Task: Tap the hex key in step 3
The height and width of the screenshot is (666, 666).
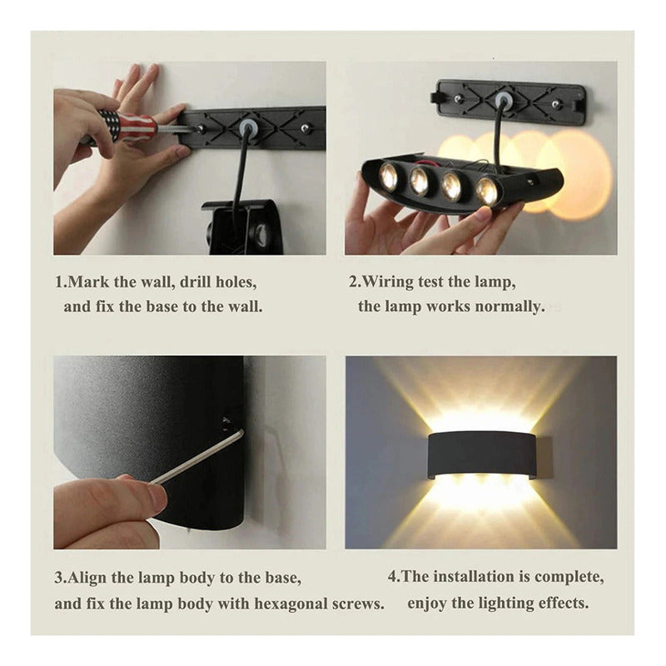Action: [196, 458]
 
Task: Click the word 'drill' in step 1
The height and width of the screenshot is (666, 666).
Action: [196, 281]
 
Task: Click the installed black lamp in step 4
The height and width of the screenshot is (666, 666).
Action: [482, 454]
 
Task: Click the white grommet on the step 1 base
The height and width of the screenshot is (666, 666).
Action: [246, 127]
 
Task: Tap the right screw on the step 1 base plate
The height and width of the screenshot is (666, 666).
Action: [305, 127]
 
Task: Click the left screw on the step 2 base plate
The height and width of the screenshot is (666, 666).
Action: [457, 99]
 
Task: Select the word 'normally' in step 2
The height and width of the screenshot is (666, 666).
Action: [509, 306]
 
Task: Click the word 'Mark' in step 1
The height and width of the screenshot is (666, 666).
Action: [88, 281]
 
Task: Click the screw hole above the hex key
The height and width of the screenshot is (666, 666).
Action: [226, 422]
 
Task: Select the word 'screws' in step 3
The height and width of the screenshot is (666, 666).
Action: [358, 604]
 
